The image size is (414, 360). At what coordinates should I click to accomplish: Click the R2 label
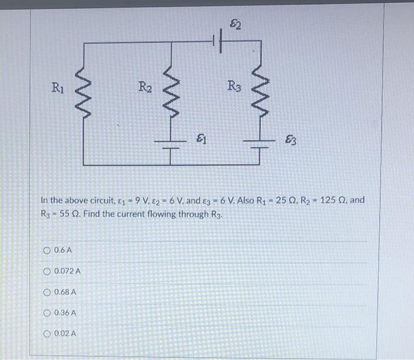[x=145, y=89]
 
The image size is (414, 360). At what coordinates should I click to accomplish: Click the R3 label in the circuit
[x=234, y=87]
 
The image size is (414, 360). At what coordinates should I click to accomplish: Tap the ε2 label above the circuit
[x=234, y=24]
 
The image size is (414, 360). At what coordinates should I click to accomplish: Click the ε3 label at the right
[x=291, y=141]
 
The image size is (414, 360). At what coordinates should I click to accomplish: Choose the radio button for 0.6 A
[x=47, y=250]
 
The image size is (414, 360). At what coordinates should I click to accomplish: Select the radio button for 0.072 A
[x=47, y=271]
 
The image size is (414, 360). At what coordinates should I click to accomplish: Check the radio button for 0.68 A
[x=47, y=292]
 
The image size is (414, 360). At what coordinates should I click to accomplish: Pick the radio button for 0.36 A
[x=47, y=313]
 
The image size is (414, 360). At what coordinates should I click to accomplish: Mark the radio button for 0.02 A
[x=47, y=333]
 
